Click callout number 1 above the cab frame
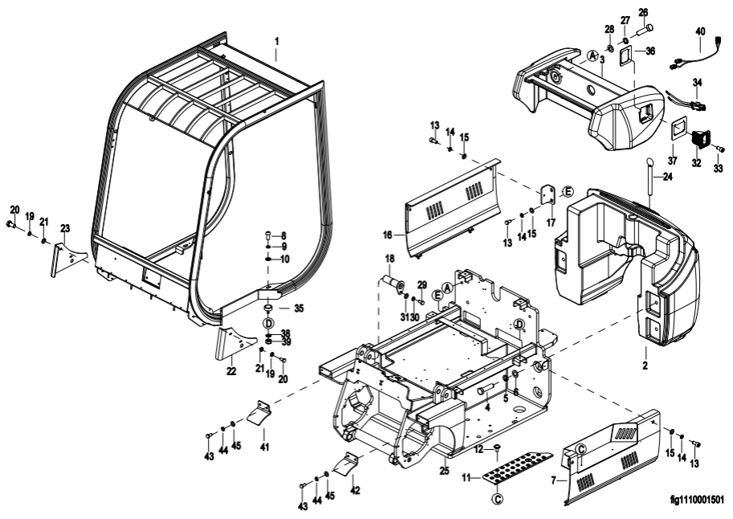[x=276, y=39]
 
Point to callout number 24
[x=666, y=178]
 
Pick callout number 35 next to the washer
[x=299, y=308]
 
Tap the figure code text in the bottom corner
[x=697, y=501]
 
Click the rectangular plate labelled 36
[x=629, y=55]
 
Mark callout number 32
[x=695, y=163]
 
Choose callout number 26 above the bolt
[x=642, y=12]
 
